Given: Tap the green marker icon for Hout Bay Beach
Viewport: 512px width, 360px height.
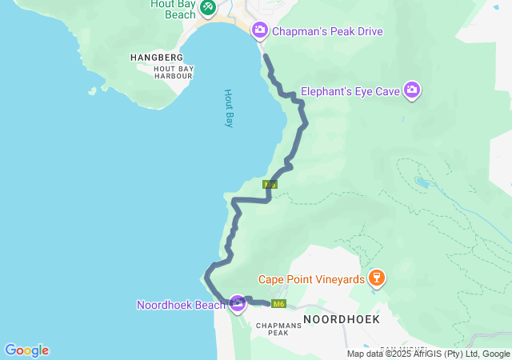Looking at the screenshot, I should (207, 7).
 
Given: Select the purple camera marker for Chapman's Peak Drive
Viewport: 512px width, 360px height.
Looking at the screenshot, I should (259, 30).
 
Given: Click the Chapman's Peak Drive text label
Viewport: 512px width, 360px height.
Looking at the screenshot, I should (327, 31).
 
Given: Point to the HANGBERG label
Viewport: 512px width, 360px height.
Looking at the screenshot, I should (157, 58).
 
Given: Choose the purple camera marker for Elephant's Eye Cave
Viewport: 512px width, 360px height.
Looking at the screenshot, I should (412, 90).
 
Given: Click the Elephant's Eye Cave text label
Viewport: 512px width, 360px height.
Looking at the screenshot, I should (350, 91).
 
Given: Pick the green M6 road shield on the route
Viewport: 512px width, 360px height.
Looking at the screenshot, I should (270, 185).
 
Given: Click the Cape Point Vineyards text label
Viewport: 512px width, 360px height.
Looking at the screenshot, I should (311, 279).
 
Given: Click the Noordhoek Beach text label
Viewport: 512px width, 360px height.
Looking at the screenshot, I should (181, 305).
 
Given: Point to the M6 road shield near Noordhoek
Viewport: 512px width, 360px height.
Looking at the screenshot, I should (278, 304).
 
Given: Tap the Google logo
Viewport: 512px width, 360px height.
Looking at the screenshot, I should (26, 350).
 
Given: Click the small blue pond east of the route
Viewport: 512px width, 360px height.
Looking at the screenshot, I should (422, 182).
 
